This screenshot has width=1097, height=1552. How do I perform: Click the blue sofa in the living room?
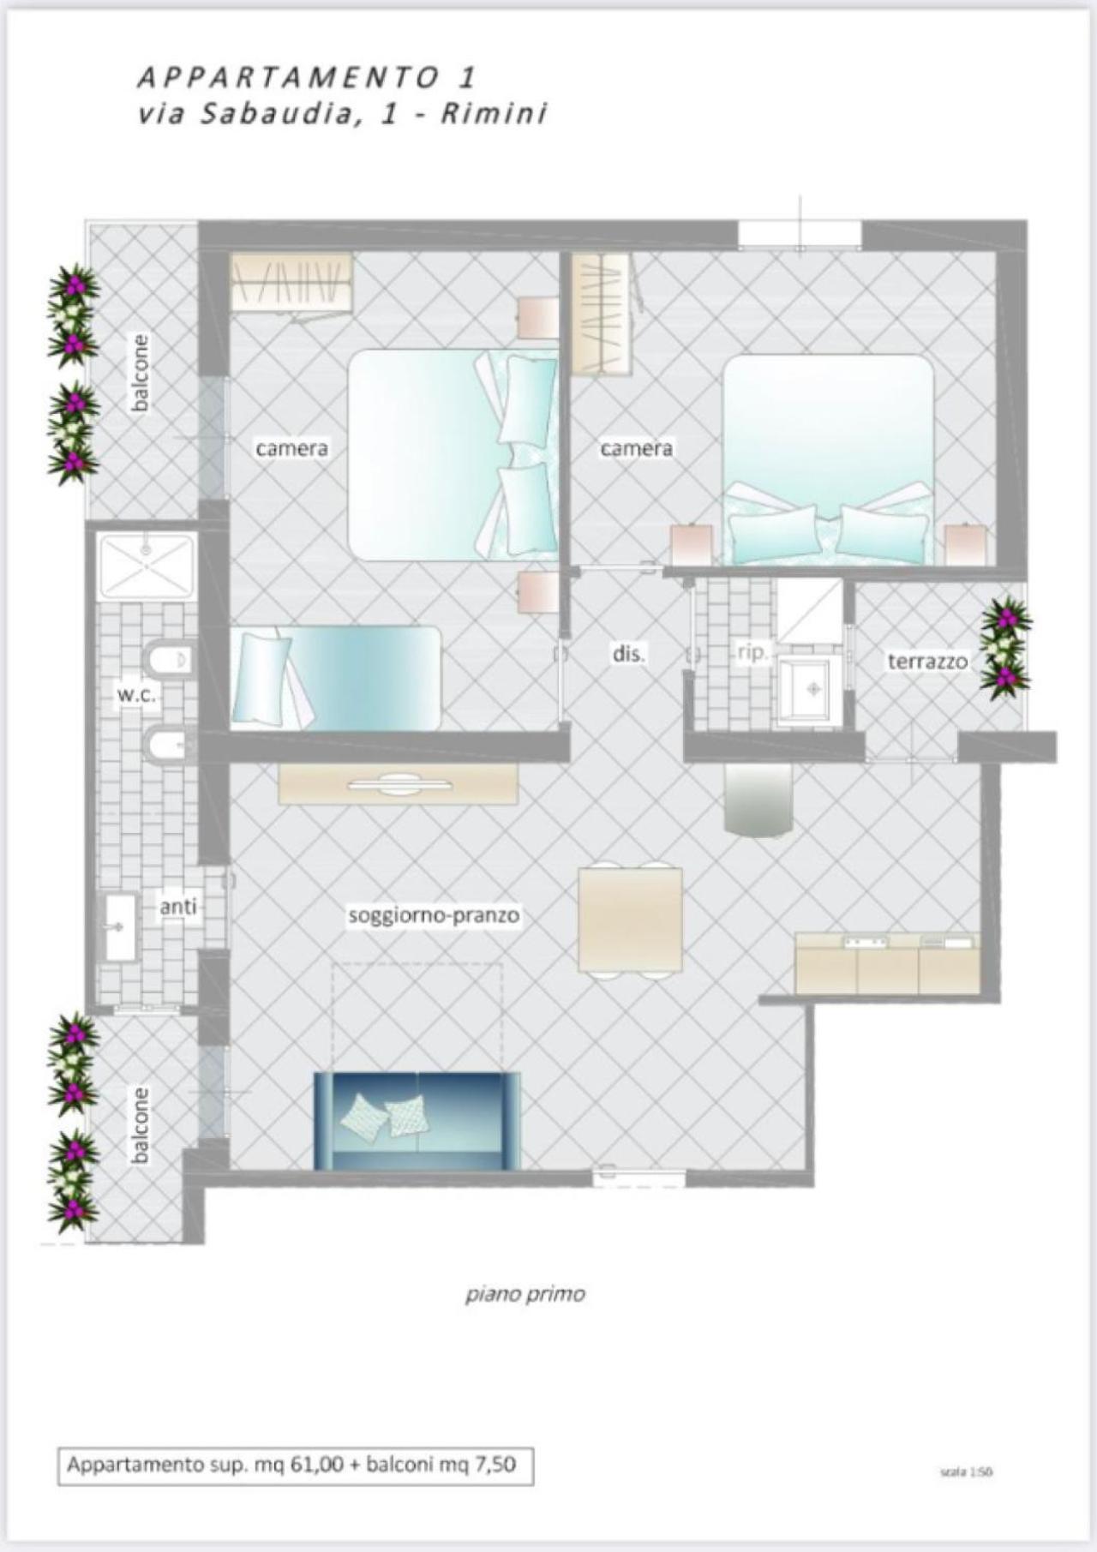pyautogui.click(x=417, y=1121)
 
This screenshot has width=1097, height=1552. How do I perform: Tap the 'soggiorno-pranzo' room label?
pyautogui.click(x=434, y=915)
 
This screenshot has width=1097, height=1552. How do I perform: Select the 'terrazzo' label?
pyautogui.click(x=927, y=661)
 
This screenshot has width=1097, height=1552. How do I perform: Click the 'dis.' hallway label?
pyautogui.click(x=628, y=654)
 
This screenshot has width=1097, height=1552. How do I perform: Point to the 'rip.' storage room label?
pyautogui.click(x=752, y=652)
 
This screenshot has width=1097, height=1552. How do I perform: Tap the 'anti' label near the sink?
pyautogui.click(x=178, y=906)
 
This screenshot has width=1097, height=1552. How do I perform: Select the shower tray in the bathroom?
pyautogui.click(x=147, y=566)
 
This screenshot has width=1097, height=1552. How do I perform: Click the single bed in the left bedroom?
pyautogui.click(x=336, y=678)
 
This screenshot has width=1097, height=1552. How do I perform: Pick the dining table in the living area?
pyautogui.click(x=631, y=919)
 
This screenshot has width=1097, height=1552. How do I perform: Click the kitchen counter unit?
pyautogui.click(x=888, y=964)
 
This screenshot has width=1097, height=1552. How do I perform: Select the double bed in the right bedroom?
pyautogui.click(x=828, y=460)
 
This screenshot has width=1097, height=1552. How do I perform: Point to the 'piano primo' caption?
pyautogui.click(x=525, y=1293)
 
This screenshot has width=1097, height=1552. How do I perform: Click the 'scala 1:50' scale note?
pyautogui.click(x=966, y=1471)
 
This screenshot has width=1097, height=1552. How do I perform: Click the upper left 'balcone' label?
pyautogui.click(x=140, y=372)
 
